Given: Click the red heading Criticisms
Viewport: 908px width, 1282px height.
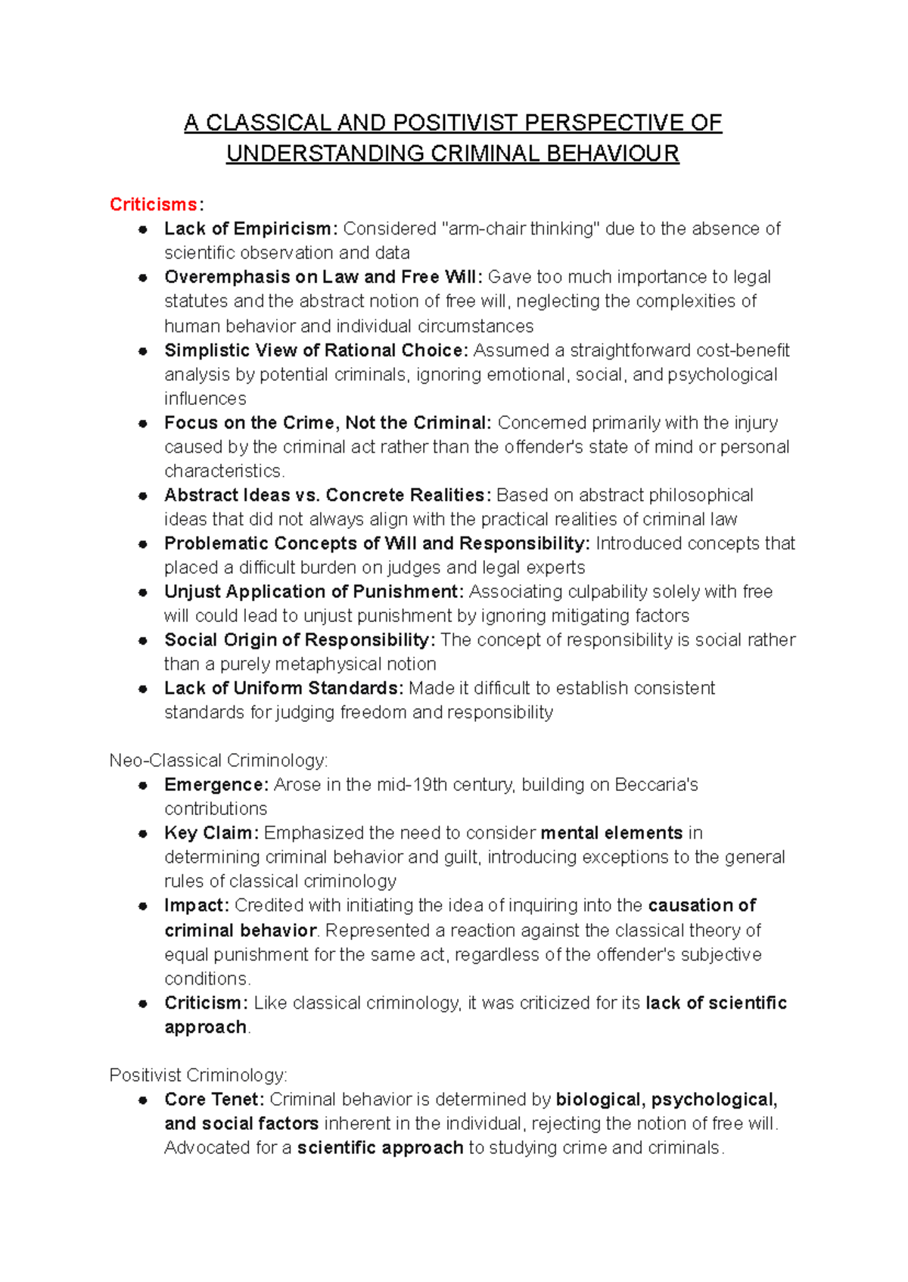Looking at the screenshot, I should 154,204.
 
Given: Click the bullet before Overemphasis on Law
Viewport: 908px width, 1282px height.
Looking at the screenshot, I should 142,278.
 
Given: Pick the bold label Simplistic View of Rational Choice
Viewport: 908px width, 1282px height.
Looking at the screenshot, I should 316,350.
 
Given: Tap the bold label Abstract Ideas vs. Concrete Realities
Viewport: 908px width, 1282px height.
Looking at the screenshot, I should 328,495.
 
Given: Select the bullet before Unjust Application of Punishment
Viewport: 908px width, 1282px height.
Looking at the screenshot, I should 142,593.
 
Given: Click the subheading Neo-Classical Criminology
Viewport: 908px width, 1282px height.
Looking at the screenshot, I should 218,761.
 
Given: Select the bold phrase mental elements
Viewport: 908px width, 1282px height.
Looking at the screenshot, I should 611,833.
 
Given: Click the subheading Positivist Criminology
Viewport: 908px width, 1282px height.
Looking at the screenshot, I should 197,1075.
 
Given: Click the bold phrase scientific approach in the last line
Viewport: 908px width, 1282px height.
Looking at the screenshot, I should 380,1148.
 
